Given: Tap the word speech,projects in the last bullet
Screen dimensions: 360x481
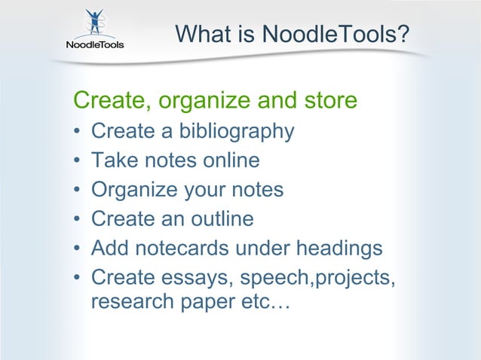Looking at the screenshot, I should click(x=317, y=277).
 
